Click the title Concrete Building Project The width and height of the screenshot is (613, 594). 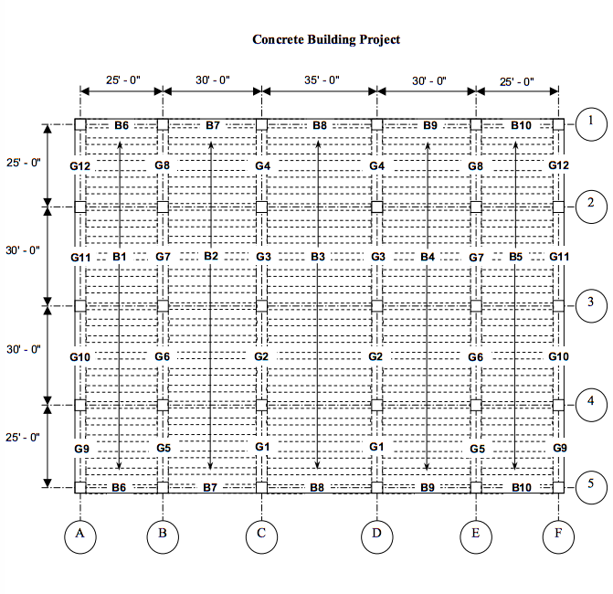click(326, 40)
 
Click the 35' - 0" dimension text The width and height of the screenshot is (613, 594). click(322, 80)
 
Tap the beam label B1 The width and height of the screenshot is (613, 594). click(119, 258)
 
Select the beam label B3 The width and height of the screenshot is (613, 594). click(318, 258)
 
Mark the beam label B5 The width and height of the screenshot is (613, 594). click(516, 258)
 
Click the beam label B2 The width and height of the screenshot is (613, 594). click(211, 256)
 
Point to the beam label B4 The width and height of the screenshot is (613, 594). click(428, 258)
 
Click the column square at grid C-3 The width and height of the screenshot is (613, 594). click(261, 304)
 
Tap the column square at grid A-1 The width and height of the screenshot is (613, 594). click(80, 124)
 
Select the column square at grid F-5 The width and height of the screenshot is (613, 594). click(558, 487)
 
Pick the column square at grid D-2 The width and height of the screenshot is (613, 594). click(376, 207)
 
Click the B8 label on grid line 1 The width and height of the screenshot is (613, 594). click(319, 124)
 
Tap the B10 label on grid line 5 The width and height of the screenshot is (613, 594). click(521, 488)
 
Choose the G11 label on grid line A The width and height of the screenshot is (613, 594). click(80, 258)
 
